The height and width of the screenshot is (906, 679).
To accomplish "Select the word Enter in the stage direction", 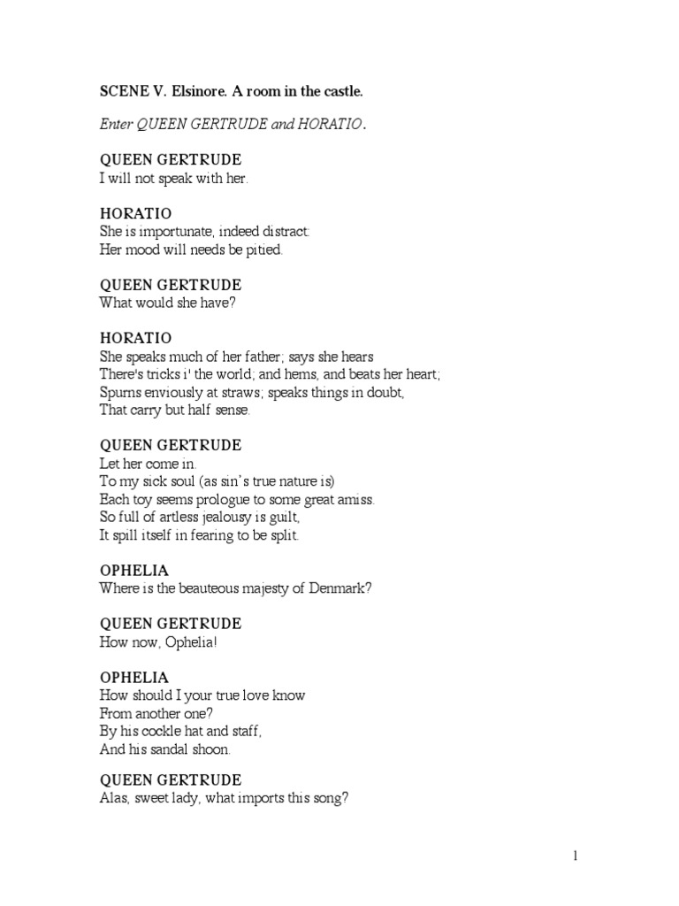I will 116,126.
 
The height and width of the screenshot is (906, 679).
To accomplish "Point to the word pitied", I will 263,250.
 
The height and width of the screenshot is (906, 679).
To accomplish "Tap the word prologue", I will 233,499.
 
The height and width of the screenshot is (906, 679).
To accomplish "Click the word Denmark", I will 339,588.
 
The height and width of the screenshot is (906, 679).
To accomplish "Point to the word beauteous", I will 200,588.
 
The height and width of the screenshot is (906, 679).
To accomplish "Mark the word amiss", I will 355,499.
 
